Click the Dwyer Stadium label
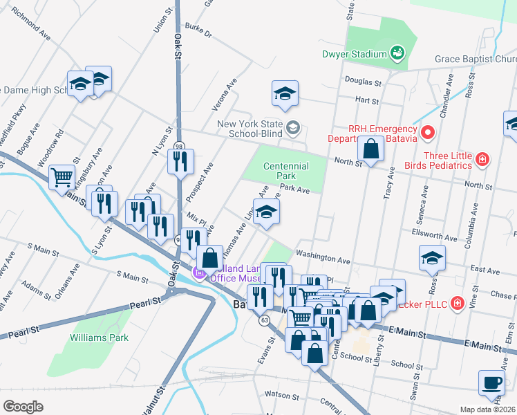pos(353,54)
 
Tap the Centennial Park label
pos(286,172)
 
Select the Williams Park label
pos(99,338)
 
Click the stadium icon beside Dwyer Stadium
pos(397,53)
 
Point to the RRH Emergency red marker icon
pos(428,131)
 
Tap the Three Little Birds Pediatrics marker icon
pos(482,160)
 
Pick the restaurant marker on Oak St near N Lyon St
pos(180,161)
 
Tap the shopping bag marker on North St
pos(371,148)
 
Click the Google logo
pos(23,407)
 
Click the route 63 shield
pos(265,320)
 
